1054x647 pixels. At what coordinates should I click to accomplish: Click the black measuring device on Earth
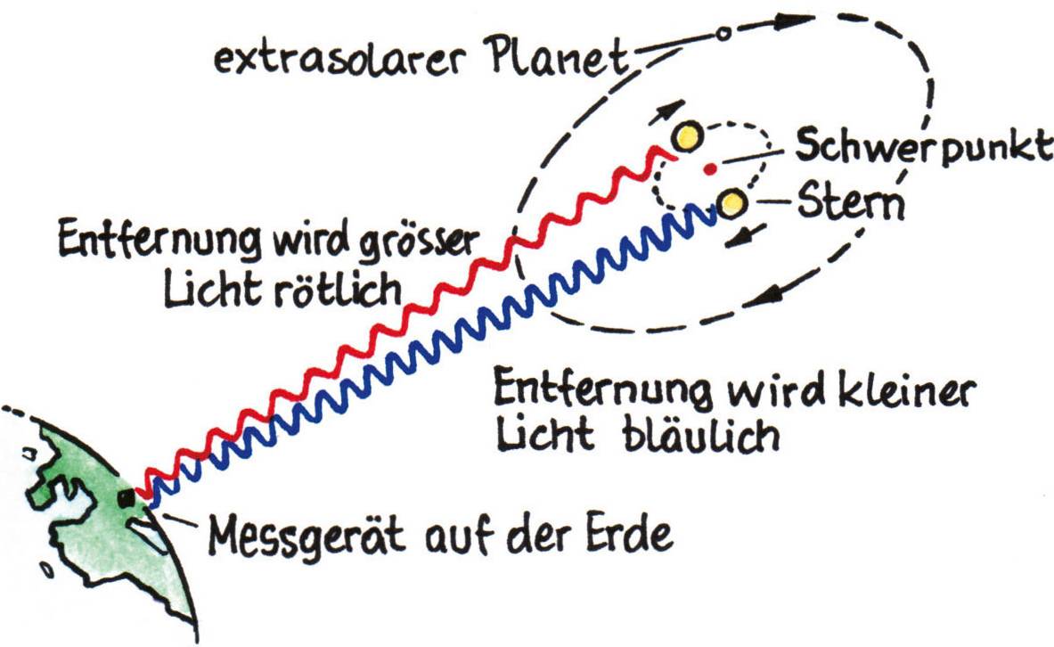pos(126,498)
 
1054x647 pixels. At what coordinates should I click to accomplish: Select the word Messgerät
pos(306,536)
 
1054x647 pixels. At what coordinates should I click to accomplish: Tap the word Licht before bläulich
pos(545,435)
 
